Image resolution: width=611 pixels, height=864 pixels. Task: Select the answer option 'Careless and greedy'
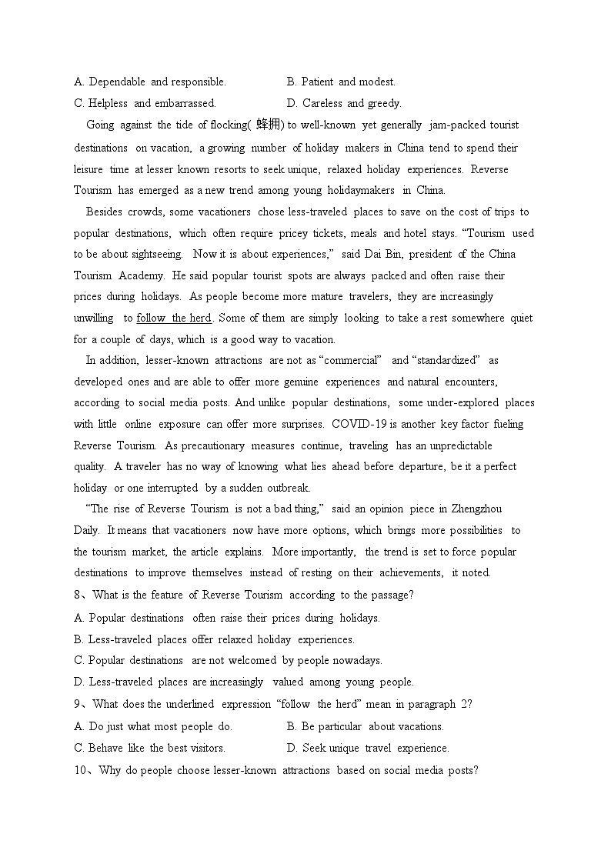344,103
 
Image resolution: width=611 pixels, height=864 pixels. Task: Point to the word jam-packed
454,125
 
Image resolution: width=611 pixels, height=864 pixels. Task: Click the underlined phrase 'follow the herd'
173,318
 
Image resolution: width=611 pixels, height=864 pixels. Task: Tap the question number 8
78,595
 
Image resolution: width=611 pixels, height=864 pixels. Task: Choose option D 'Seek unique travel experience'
368,748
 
